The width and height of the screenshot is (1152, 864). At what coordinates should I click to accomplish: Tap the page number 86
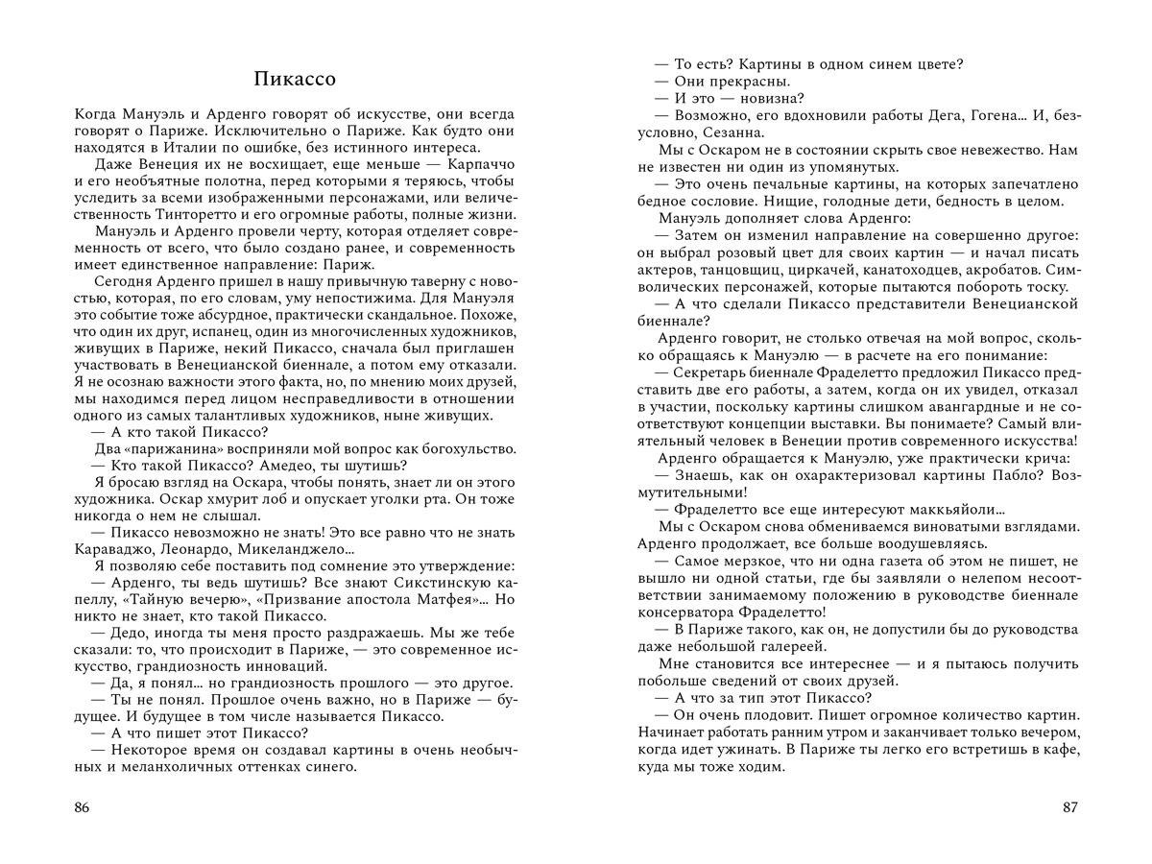[82, 807]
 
